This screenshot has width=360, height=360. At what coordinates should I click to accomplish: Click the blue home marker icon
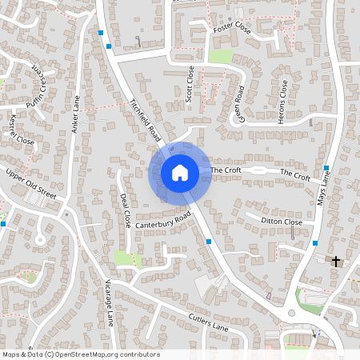[179, 172]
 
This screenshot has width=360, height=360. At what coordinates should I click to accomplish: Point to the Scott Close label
[190, 82]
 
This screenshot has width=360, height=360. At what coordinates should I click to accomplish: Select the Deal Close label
[125, 210]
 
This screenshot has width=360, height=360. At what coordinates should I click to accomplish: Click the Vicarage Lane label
[109, 303]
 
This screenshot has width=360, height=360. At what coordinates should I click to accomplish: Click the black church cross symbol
[336, 261]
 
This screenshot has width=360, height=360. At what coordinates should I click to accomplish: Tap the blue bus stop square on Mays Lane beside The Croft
[326, 168]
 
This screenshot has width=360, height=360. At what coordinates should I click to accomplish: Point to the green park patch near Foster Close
[222, 57]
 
